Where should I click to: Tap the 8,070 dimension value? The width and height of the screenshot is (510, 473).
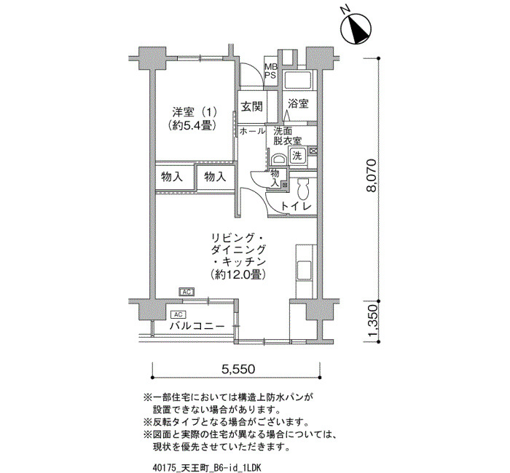click(372, 175)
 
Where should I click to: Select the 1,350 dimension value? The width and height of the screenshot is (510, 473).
click(372, 322)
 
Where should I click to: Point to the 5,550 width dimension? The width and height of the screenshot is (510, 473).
click(238, 369)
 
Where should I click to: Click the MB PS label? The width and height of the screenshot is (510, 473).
click(270, 71)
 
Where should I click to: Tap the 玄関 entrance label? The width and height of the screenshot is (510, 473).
click(252, 106)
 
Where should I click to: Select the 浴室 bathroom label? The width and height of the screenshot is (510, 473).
click(298, 103)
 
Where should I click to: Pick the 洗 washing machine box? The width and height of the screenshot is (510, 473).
click(297, 155)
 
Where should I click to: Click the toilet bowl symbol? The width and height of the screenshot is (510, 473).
click(303, 189)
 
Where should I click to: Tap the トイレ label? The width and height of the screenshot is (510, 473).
click(297, 206)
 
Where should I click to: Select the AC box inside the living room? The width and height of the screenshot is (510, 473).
click(187, 292)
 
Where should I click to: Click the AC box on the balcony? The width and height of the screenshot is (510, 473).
click(178, 314)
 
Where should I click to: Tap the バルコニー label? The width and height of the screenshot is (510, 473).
click(197, 326)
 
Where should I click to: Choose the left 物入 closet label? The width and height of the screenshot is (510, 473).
click(172, 178)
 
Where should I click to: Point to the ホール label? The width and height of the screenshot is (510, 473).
click(252, 131)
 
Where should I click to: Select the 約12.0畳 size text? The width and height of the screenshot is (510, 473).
click(238, 275)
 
